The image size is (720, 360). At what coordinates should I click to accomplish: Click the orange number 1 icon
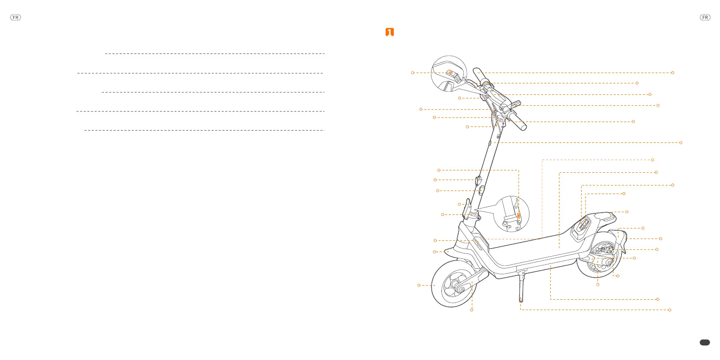(x=389, y=32)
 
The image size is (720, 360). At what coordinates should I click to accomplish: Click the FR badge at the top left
(x=15, y=18)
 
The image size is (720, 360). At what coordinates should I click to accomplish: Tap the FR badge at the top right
(x=705, y=18)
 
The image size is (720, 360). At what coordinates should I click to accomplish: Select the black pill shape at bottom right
(x=705, y=343)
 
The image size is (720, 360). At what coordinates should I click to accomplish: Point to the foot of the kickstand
(x=520, y=300)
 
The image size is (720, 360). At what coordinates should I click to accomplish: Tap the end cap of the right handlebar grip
(x=524, y=127)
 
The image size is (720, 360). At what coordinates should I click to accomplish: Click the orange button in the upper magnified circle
(x=451, y=73)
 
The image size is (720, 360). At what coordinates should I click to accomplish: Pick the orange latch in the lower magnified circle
(x=519, y=216)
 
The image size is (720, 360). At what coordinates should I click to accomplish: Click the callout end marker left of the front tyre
(x=419, y=285)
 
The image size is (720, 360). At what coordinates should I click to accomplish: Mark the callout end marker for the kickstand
(x=670, y=310)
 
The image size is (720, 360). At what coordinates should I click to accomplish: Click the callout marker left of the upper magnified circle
(x=412, y=73)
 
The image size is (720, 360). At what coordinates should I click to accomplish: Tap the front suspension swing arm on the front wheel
(x=474, y=279)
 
